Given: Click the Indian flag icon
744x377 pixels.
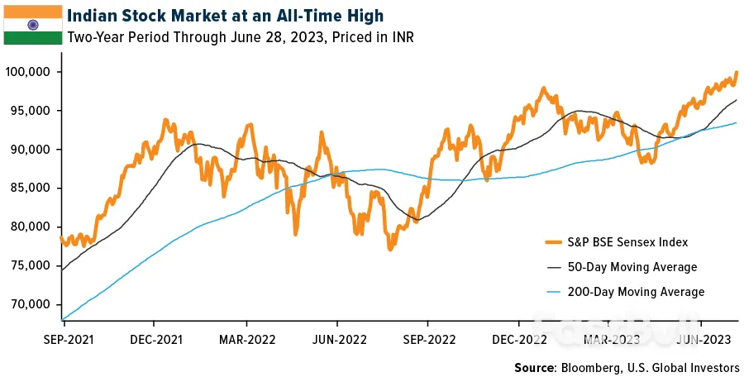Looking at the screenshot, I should [x=32, y=24].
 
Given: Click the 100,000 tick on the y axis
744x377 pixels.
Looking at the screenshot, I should [x=28, y=72].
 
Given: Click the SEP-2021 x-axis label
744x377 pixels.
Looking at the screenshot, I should [x=65, y=339].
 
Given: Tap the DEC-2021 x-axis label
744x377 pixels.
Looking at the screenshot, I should [x=155, y=339].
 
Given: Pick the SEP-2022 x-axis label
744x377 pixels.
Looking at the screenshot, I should [x=427, y=339].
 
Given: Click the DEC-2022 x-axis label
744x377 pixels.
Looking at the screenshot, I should [x=517, y=339].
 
